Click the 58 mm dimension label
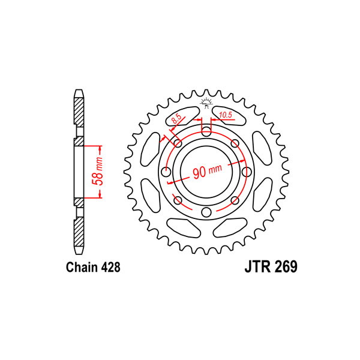tap(97, 171)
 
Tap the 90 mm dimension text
tap(208, 170)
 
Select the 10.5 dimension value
tap(226, 115)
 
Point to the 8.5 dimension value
tap(176, 119)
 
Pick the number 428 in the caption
tap(110, 267)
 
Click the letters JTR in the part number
tap(257, 266)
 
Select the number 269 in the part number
tap(286, 266)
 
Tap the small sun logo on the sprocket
tap(206, 103)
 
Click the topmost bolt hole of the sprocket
tap(206, 132)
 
